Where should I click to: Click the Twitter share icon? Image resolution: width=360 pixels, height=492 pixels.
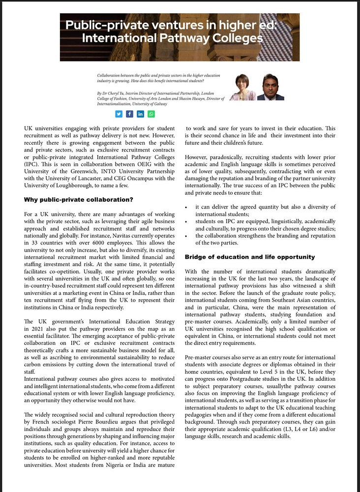[119, 114]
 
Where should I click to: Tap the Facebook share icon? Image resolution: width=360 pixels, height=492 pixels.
[129, 114]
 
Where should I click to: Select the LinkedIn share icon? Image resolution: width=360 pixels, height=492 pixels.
[140, 114]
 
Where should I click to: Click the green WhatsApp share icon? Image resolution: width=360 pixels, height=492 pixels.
[151, 114]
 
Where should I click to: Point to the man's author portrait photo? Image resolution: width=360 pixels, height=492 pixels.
[270, 87]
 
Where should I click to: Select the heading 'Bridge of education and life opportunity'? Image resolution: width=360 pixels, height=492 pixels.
[250, 257]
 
